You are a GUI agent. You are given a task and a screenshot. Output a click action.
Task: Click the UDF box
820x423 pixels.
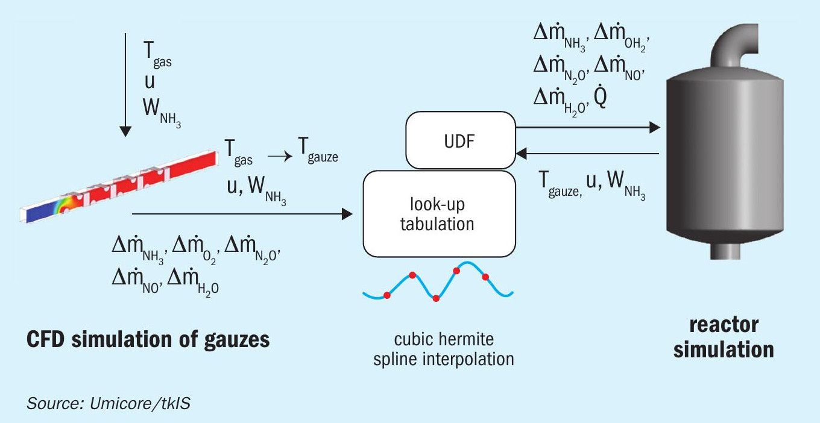coord(461,140)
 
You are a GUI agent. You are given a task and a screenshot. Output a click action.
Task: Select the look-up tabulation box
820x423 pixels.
coord(440,214)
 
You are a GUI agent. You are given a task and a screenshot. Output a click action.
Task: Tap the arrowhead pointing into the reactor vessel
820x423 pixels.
coord(655,127)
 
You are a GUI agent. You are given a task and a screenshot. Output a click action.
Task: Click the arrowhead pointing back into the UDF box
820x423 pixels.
coord(522,154)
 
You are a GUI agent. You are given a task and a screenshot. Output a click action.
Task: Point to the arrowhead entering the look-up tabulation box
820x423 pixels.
coord(347,214)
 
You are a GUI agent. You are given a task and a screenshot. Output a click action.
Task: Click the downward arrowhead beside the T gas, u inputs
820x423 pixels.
coord(125,131)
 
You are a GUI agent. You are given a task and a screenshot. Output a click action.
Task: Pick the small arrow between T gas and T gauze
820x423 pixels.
coord(280,157)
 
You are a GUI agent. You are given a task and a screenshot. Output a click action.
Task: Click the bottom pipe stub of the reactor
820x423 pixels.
coord(725,250)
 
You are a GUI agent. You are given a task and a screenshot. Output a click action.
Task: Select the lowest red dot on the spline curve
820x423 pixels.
coord(436,299)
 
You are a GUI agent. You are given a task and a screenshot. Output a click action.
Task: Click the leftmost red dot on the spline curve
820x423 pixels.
coord(387,295)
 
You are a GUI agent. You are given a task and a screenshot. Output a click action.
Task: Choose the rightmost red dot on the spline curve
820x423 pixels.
coord(485,277)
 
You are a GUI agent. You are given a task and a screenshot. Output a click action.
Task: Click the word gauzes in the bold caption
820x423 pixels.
coord(237,340)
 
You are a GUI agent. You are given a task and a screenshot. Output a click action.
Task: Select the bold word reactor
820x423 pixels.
coord(724,325)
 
